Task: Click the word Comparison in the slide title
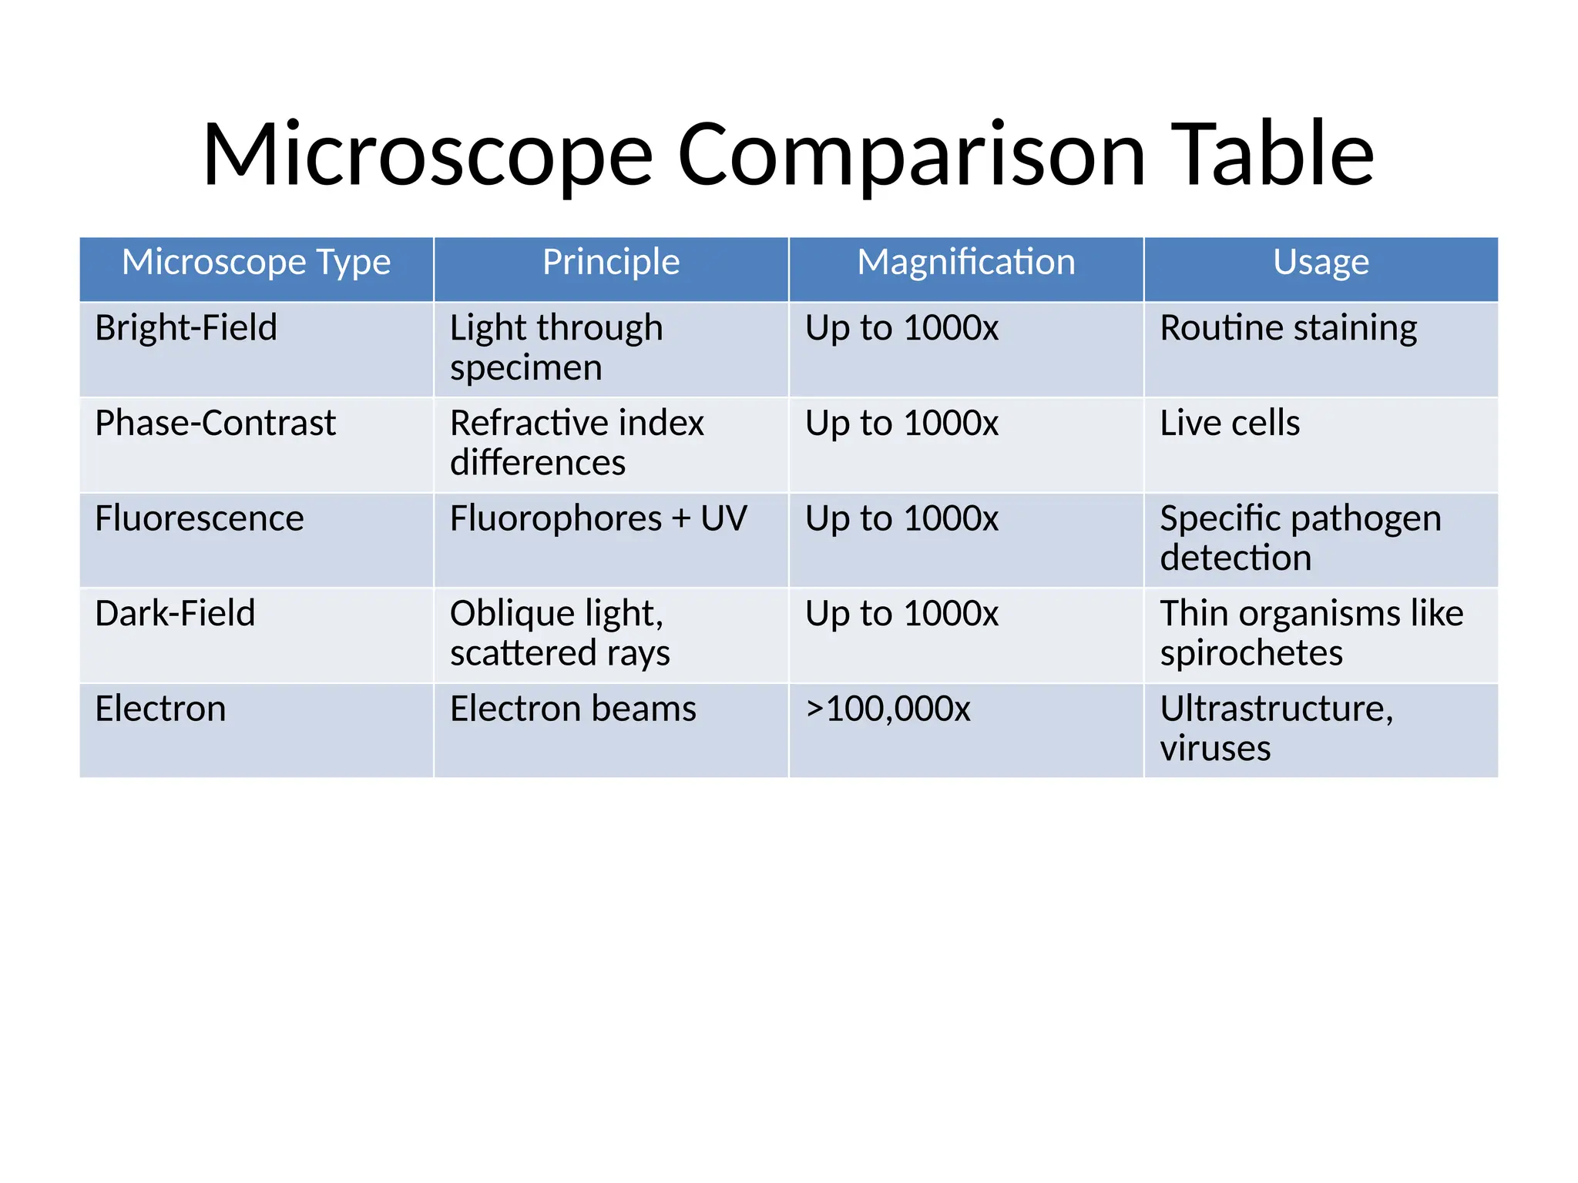click(x=912, y=156)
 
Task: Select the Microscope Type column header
click(x=256, y=263)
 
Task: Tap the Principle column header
click(x=611, y=263)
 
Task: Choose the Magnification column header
click(x=966, y=263)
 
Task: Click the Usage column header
click(x=1321, y=263)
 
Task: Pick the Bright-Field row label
click(x=186, y=328)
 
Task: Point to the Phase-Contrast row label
click(x=215, y=424)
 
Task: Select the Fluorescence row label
click(x=200, y=518)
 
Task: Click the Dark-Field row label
click(x=175, y=614)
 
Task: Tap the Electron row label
click(x=160, y=709)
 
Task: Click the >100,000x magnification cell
click(x=888, y=709)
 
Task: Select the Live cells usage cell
click(x=1230, y=424)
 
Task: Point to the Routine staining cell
click(x=1288, y=328)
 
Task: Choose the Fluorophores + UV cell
click(x=598, y=518)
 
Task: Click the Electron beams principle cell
click(x=573, y=709)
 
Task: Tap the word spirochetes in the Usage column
click(x=1251, y=654)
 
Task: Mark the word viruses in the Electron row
click(x=1215, y=749)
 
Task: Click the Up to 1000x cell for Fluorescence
click(x=901, y=518)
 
